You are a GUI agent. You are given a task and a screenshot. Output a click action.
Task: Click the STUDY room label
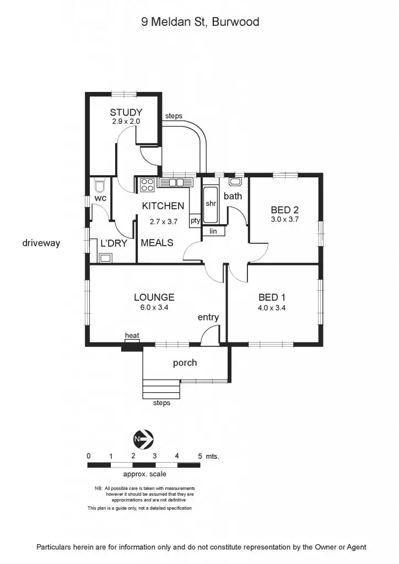[126, 112]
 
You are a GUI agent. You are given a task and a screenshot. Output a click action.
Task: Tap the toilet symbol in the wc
[100, 184]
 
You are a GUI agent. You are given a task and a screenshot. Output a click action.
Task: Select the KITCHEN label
[163, 206]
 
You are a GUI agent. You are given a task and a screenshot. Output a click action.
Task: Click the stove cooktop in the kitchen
[147, 185]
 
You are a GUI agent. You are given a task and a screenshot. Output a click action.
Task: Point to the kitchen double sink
[175, 182]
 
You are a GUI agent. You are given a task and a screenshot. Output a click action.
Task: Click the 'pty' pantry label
[195, 220]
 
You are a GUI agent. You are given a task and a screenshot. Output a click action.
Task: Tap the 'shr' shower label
[211, 203]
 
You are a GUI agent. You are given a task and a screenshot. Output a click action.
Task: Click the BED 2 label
[284, 209]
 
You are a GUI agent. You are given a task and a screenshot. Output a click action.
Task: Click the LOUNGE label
[154, 297]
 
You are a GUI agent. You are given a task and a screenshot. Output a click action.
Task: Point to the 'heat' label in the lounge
[132, 335]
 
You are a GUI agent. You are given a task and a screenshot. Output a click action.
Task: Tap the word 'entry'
[208, 317]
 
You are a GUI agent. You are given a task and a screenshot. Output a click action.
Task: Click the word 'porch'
[185, 363]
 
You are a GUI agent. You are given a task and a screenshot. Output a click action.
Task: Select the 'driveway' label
[41, 242]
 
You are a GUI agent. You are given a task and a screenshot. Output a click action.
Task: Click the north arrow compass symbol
[144, 439]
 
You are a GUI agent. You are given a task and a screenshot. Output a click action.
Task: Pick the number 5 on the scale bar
[199, 456]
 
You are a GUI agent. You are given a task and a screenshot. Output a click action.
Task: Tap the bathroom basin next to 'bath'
[235, 181]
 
